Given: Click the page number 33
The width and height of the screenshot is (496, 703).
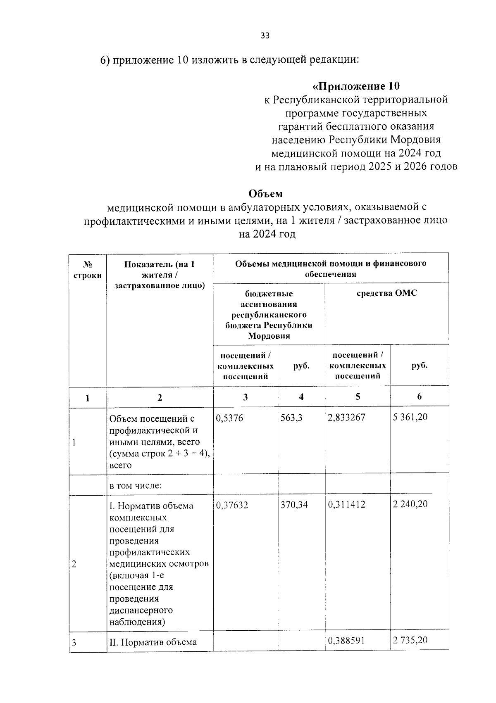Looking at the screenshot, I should click(265, 36).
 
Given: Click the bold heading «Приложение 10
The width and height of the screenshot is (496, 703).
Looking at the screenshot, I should click(356, 86).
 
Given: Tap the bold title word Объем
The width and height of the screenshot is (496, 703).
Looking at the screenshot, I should click(265, 193).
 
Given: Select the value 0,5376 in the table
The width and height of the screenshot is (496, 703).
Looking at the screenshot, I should click(229, 418).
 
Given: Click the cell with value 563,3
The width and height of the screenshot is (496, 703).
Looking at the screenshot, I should click(291, 418).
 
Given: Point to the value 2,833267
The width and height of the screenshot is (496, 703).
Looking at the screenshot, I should click(346, 418).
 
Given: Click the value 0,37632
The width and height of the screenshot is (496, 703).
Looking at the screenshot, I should click(232, 505).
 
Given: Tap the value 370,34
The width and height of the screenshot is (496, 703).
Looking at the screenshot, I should click(294, 505).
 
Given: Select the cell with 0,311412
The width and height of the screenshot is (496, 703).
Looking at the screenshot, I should click(346, 505).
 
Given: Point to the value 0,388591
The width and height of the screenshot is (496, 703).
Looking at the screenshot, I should click(346, 641).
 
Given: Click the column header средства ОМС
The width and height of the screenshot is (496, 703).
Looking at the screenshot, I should click(386, 293).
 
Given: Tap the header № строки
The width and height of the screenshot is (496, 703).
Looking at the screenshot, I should click(87, 270).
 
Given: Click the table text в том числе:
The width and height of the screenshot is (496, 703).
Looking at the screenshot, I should click(135, 485).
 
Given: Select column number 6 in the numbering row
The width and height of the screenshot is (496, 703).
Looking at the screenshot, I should click(419, 397).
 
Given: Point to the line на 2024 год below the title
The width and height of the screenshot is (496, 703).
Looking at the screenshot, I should click(267, 234).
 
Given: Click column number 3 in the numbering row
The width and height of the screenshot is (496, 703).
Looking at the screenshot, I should click(246, 397).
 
